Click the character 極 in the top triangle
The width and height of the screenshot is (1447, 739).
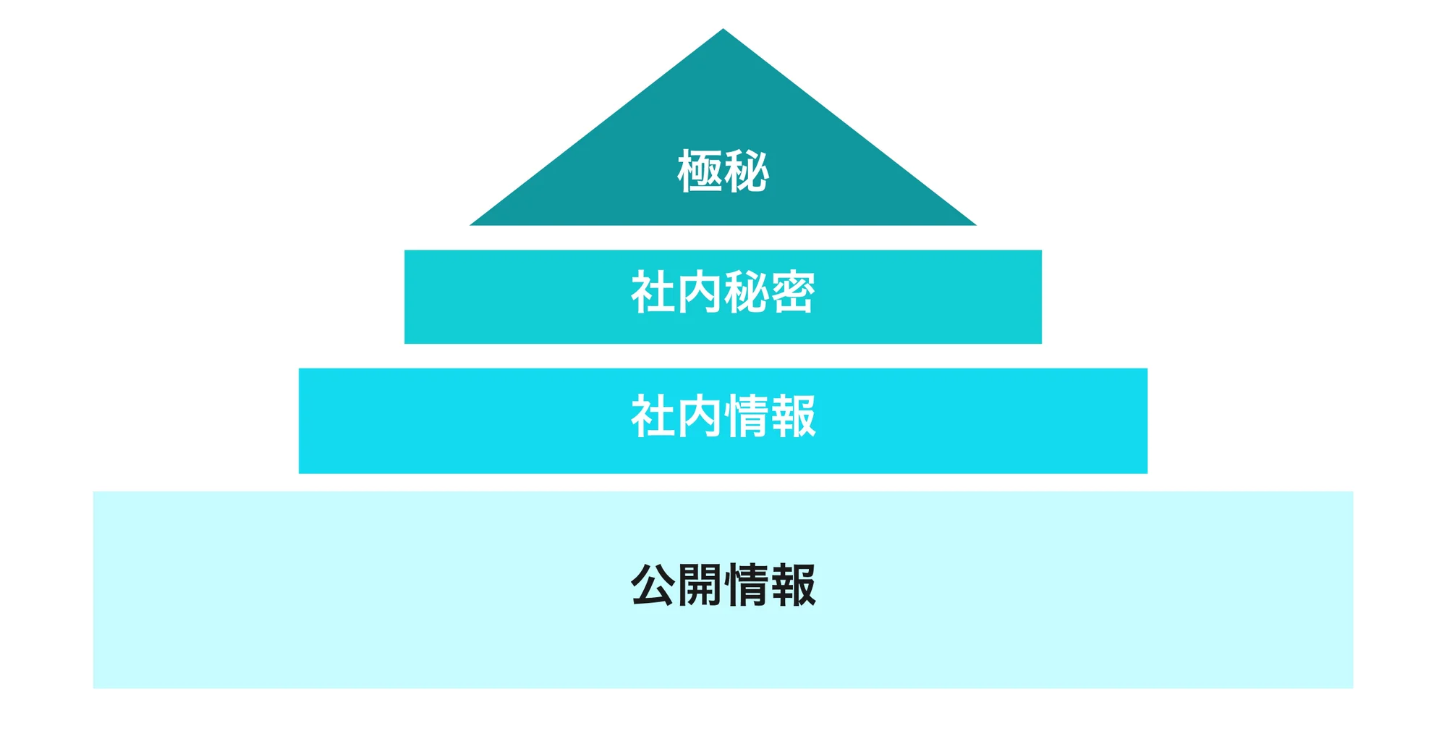tap(700, 172)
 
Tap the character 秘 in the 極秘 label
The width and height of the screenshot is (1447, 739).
tap(746, 172)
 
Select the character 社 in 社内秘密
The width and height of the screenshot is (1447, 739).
tap(653, 292)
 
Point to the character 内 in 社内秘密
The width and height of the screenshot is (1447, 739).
tap(700, 292)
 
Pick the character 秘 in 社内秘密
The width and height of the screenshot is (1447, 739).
tap(746, 292)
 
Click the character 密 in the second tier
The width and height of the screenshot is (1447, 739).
tap(793, 292)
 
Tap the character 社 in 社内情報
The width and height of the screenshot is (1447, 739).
tap(653, 416)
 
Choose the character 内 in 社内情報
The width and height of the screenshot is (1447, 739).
tap(700, 416)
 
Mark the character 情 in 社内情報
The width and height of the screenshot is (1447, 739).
tap(746, 416)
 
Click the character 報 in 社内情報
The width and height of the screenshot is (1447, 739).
tap(793, 416)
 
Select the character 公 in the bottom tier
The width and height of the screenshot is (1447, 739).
tap(653, 585)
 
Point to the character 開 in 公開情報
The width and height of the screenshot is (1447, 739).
tap(700, 585)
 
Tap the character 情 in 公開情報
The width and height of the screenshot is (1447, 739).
tap(746, 585)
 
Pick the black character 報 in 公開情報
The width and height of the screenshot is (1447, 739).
tap(793, 585)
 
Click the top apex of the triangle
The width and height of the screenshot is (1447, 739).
tap(723, 29)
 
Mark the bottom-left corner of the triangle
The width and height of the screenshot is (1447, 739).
tap(470, 225)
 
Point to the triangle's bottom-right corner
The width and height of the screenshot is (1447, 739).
tap(976, 225)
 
